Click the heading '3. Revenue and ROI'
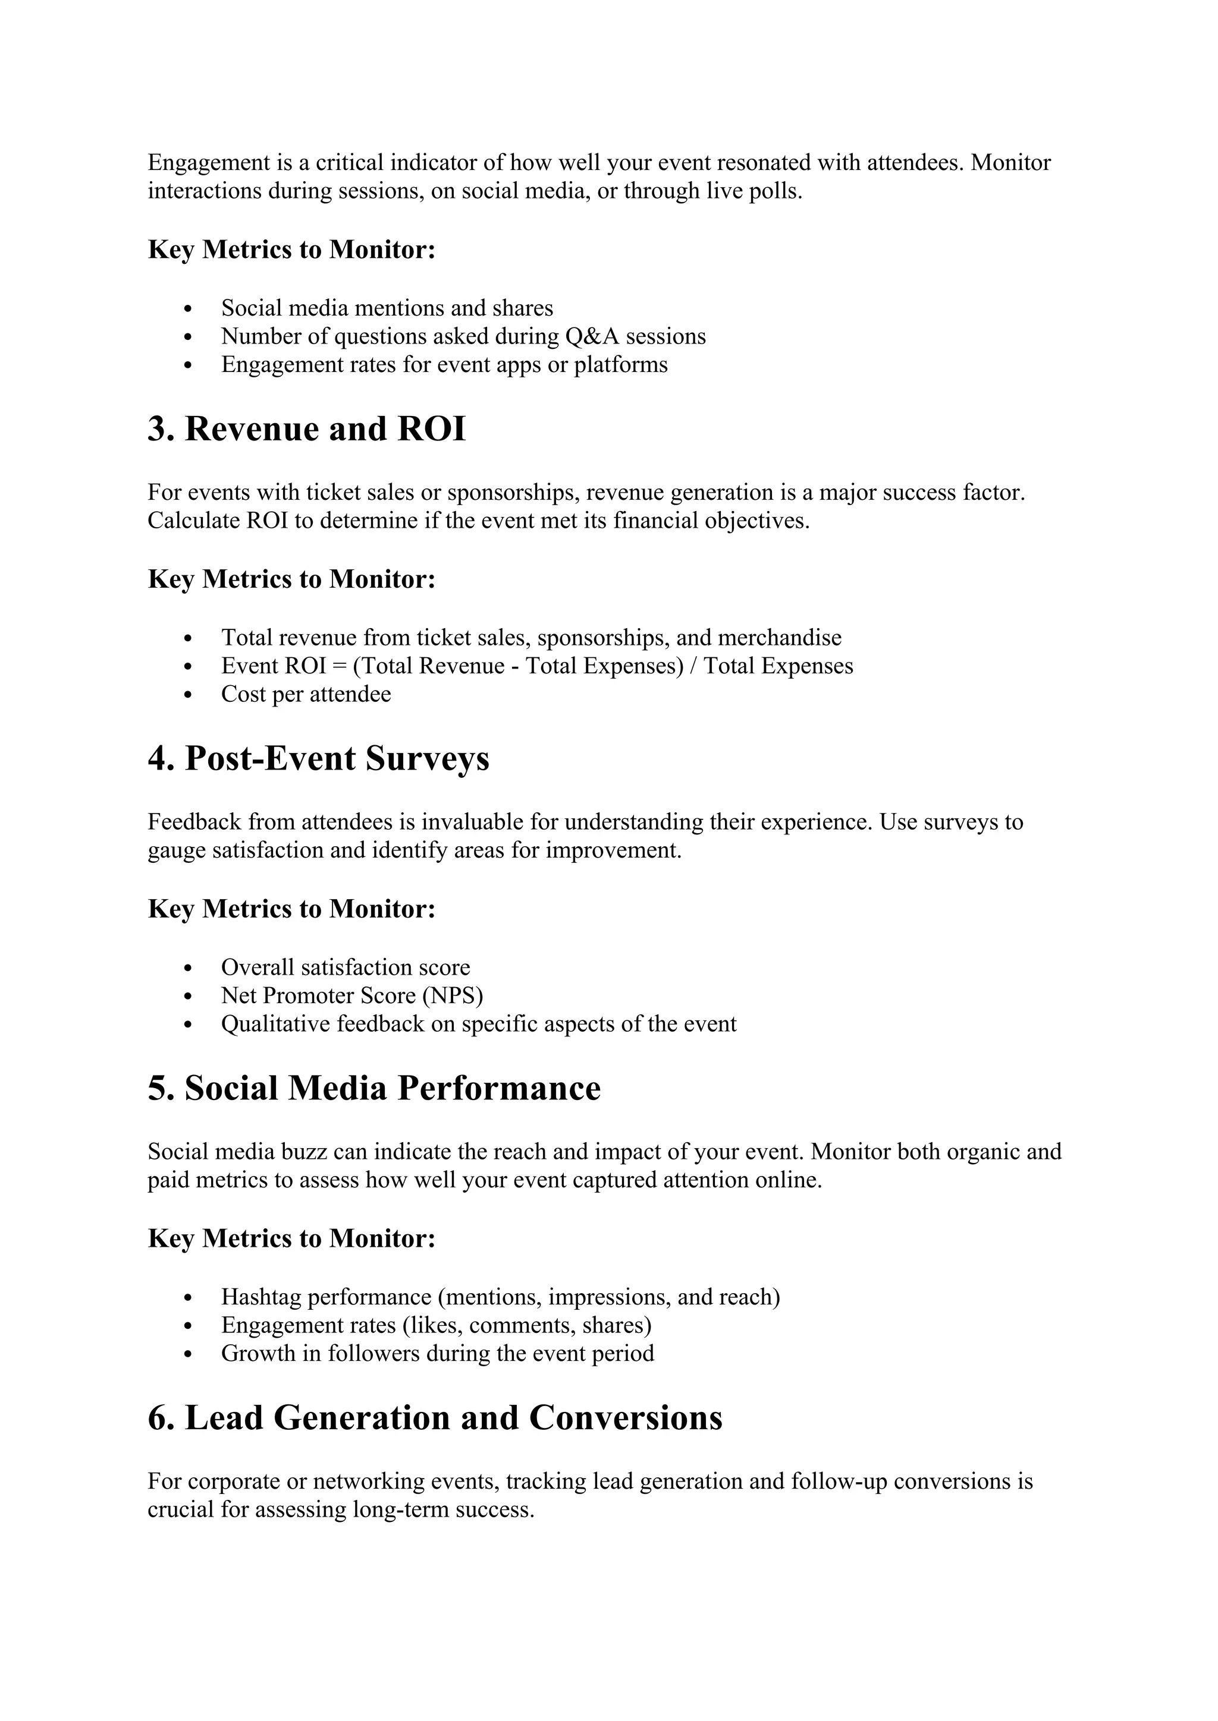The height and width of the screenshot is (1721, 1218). (x=306, y=430)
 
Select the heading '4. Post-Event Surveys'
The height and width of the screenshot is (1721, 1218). (x=318, y=758)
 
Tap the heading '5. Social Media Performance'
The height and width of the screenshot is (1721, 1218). (x=373, y=1088)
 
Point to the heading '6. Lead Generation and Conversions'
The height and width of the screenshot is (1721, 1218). (x=434, y=1418)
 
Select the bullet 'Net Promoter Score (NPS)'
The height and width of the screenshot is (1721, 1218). (x=351, y=995)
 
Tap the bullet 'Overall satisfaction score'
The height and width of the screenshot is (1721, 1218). (x=345, y=967)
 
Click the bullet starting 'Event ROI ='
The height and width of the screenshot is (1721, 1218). (x=536, y=666)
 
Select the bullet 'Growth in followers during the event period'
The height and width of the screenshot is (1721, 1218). (x=437, y=1354)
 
